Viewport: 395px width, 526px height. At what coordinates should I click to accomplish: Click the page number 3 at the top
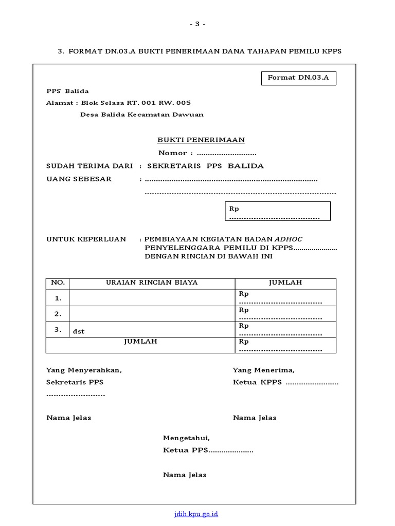click(x=197, y=24)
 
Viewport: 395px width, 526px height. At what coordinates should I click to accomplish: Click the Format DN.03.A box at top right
click(x=298, y=78)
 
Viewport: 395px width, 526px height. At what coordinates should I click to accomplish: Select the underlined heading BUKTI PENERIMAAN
click(x=201, y=140)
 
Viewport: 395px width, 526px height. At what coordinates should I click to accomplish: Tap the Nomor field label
click(x=175, y=153)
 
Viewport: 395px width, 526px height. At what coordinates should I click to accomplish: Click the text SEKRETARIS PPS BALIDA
click(x=205, y=166)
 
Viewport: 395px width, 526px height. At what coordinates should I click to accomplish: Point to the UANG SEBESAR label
click(x=79, y=179)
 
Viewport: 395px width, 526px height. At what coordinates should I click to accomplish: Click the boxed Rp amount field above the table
click(x=277, y=211)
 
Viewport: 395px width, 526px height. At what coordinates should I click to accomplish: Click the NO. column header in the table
click(x=58, y=283)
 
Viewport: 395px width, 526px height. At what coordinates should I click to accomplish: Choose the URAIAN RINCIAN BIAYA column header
click(x=152, y=283)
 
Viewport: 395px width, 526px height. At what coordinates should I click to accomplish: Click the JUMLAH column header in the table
click(x=285, y=283)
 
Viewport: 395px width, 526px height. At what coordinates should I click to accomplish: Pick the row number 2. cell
click(x=58, y=314)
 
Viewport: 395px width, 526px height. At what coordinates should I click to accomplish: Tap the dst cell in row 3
click(x=79, y=331)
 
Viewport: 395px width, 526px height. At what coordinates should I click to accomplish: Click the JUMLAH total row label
click(x=140, y=342)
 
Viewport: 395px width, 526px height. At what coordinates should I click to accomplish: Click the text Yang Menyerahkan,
click(x=84, y=370)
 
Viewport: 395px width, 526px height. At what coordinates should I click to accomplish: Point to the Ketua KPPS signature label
click(x=257, y=383)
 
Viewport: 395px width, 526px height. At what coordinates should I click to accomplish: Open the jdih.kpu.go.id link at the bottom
click(x=197, y=514)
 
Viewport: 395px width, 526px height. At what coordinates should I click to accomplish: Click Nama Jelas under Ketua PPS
click(x=185, y=475)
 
